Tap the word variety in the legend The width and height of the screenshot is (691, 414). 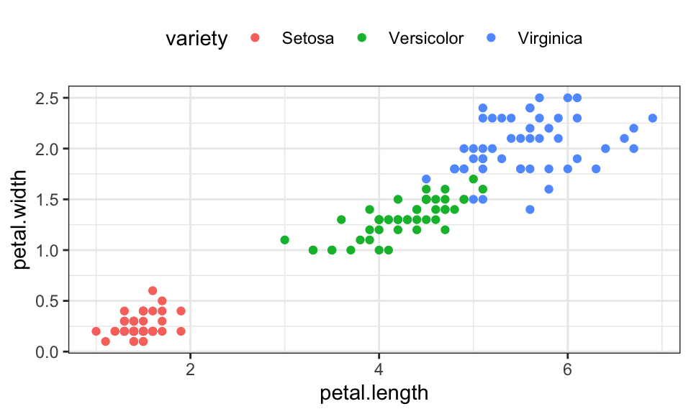pyautogui.click(x=196, y=39)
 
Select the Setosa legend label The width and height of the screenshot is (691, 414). pyautogui.click(x=308, y=39)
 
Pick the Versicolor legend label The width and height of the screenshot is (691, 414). pyautogui.click(x=426, y=39)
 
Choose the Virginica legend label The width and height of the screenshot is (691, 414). pyautogui.click(x=550, y=39)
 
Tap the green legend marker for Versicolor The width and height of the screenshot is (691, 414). pyautogui.click(x=362, y=39)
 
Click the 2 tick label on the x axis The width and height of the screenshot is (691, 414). pyautogui.click(x=190, y=370)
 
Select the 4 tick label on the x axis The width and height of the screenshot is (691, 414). pyautogui.click(x=379, y=370)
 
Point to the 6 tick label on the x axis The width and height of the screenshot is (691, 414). pyautogui.click(x=567, y=370)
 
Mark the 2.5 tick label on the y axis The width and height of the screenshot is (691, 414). pyautogui.click(x=50, y=98)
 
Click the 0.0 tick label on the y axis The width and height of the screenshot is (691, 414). pyautogui.click(x=50, y=351)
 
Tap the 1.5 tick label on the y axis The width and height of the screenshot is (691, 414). pyautogui.click(x=50, y=199)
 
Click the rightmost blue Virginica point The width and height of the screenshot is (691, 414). pyautogui.click(x=652, y=118)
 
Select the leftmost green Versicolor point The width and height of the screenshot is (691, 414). pyautogui.click(x=284, y=240)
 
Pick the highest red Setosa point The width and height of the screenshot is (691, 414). pyautogui.click(x=153, y=290)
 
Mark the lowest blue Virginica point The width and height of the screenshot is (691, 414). pyautogui.click(x=530, y=209)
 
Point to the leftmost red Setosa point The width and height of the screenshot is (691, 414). pyautogui.click(x=96, y=331)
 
